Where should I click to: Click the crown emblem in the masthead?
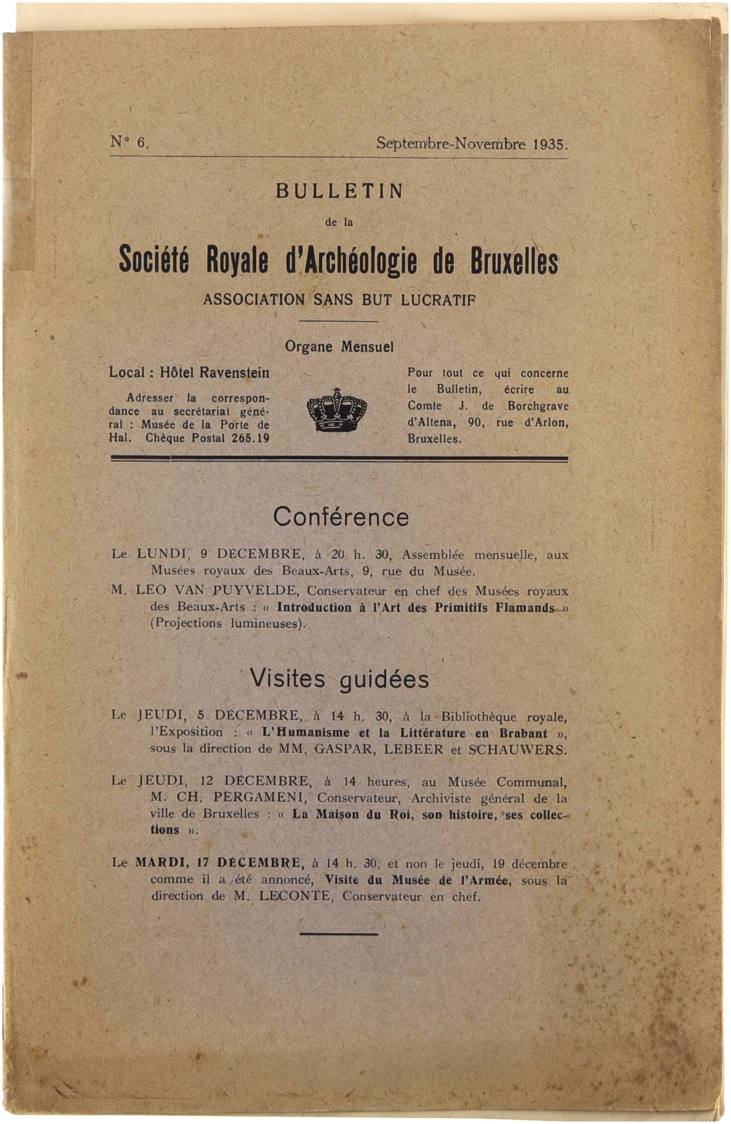point(337,410)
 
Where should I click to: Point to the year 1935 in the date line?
point(549,144)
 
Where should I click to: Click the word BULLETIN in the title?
point(340,192)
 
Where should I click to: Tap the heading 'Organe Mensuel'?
point(339,347)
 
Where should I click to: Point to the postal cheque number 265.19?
point(250,438)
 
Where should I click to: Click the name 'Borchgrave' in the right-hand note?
point(538,406)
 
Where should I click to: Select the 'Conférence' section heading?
point(341,517)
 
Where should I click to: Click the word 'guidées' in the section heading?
point(384,679)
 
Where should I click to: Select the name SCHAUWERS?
point(517,749)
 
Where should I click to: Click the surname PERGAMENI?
point(259,798)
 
